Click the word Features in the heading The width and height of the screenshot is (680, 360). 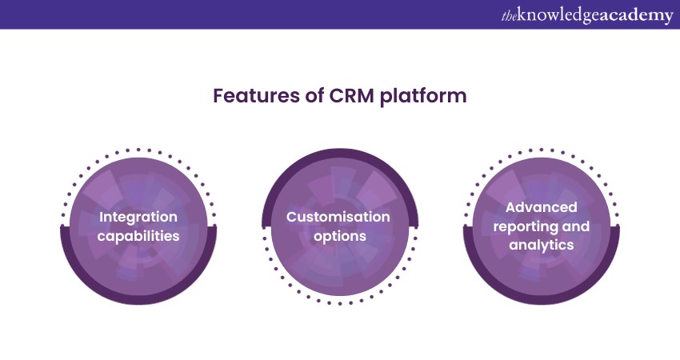point(248,97)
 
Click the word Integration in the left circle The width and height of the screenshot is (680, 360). point(138,217)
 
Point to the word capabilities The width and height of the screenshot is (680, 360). point(138,236)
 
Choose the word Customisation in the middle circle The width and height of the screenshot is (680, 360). point(338,217)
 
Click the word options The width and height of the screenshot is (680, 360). point(338,236)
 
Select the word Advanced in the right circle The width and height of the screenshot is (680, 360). point(542,207)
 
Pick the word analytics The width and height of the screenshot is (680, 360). point(542,246)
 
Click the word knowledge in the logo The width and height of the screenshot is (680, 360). point(561,16)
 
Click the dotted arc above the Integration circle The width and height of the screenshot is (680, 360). point(138,149)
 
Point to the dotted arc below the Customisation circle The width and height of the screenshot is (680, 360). point(338,303)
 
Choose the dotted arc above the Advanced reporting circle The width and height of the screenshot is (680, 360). point(542,149)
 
